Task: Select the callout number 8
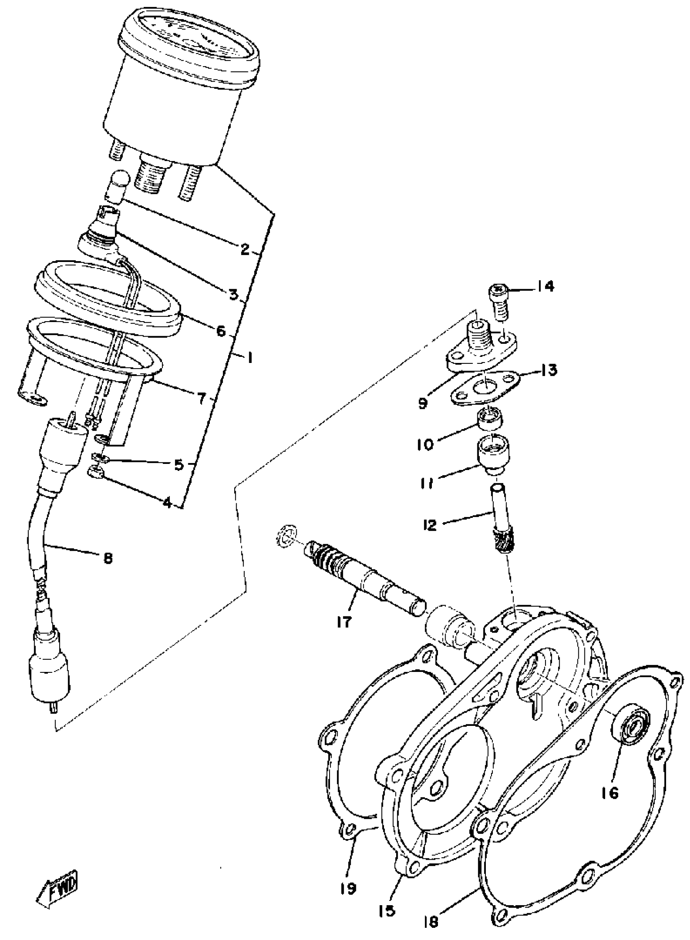coord(108,558)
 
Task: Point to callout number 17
coord(345,622)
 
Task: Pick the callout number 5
coord(179,465)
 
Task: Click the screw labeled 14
coord(499,301)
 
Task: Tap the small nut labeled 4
coord(95,473)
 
